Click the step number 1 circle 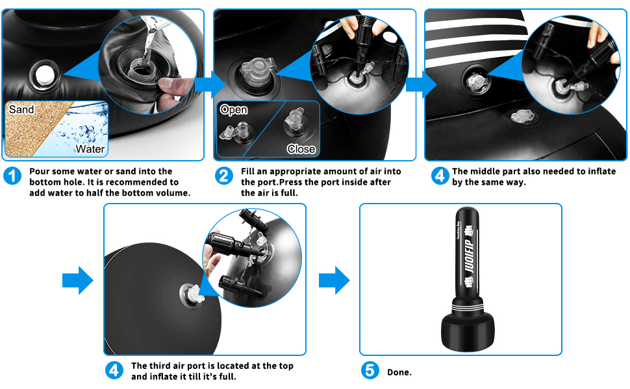[x=12, y=176]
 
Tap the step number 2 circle [x=224, y=176]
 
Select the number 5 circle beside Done [x=370, y=371]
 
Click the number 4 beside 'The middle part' [x=440, y=176]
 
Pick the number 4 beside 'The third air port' [x=114, y=371]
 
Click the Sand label [x=21, y=110]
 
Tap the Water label [x=90, y=149]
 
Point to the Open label [x=233, y=110]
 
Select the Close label [x=301, y=149]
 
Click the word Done [x=399, y=372]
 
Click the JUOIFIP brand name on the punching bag [x=470, y=257]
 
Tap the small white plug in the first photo [x=44, y=75]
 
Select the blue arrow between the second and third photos [x=422, y=85]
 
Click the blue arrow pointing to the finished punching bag [x=334, y=281]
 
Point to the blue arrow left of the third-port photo [x=78, y=281]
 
